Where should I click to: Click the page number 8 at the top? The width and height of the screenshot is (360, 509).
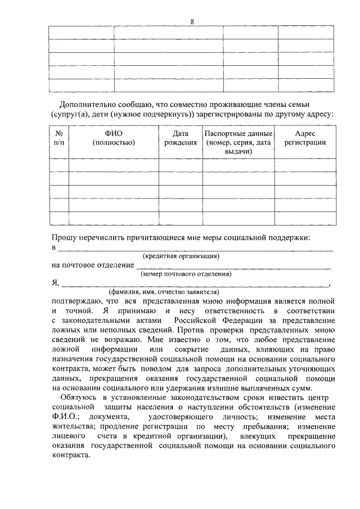click(x=192, y=21)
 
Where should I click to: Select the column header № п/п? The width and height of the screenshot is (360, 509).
click(x=59, y=138)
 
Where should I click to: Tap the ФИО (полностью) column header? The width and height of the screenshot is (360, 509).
click(x=114, y=138)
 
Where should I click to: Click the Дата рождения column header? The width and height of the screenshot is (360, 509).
click(x=181, y=138)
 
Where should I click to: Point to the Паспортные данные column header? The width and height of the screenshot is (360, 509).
click(x=238, y=143)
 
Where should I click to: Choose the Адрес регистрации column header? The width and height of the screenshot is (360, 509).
click(x=305, y=138)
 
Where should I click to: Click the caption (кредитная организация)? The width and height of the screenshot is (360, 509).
click(x=181, y=256)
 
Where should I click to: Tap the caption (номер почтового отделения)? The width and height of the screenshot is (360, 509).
click(x=186, y=274)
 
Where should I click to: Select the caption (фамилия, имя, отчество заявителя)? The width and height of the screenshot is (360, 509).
click(x=164, y=292)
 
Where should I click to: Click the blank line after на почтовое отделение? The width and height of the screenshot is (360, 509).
click(x=233, y=264)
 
